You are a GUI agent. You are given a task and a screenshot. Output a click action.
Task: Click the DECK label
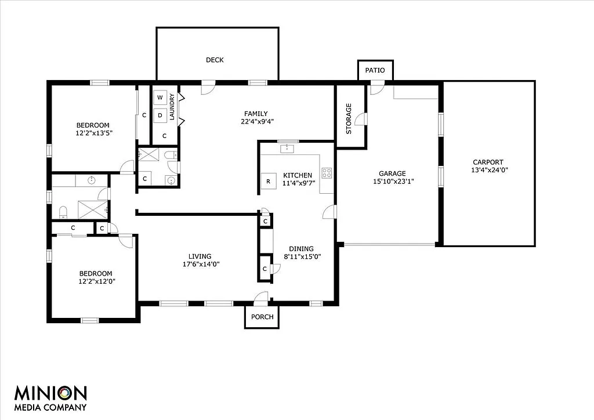[x=215, y=60]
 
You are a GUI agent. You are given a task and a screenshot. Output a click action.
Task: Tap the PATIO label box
[x=375, y=70]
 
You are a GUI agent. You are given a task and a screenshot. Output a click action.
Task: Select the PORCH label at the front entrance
[x=262, y=317]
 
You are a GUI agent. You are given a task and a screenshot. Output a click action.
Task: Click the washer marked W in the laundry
[x=160, y=97]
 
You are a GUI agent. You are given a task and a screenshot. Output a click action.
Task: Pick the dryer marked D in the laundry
[x=160, y=115]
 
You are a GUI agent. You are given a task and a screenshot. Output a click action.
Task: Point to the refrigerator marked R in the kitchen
[x=268, y=182]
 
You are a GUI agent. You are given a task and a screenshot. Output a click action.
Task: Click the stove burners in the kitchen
[x=327, y=172]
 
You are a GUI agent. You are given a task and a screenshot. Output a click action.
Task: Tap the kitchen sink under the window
[x=287, y=149]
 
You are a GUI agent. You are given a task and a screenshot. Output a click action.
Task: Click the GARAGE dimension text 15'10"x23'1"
[x=392, y=181]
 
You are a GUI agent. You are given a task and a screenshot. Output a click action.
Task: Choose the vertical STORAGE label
[x=349, y=118]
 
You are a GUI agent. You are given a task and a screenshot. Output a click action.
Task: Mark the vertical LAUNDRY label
[x=172, y=107]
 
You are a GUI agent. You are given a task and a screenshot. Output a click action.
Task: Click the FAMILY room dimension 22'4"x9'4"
[x=256, y=122]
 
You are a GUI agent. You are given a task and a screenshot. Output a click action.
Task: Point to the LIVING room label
[x=200, y=256]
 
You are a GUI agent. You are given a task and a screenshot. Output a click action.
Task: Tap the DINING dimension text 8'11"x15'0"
[x=302, y=256]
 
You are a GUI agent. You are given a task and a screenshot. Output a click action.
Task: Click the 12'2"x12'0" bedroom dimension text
[x=96, y=281]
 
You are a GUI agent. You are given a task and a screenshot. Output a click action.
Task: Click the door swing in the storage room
[x=361, y=119]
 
